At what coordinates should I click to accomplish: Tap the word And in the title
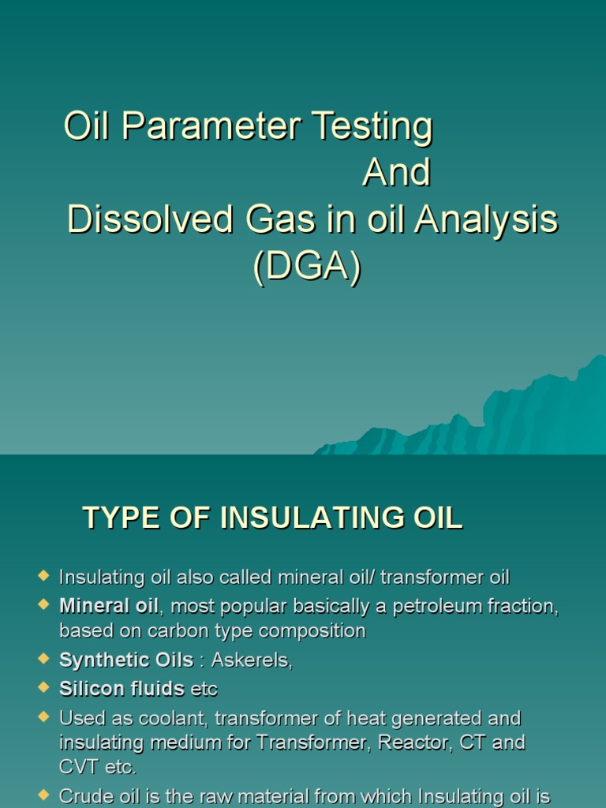[396, 174]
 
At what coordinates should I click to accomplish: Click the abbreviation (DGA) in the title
[307, 267]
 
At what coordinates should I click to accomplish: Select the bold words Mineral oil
[109, 606]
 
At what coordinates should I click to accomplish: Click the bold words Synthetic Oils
[126, 660]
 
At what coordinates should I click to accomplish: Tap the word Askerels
[252, 660]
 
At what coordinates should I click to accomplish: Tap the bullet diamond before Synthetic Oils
[43, 658]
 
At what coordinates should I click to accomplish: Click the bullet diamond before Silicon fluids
[43, 686]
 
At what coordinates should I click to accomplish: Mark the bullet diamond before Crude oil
[43, 793]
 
